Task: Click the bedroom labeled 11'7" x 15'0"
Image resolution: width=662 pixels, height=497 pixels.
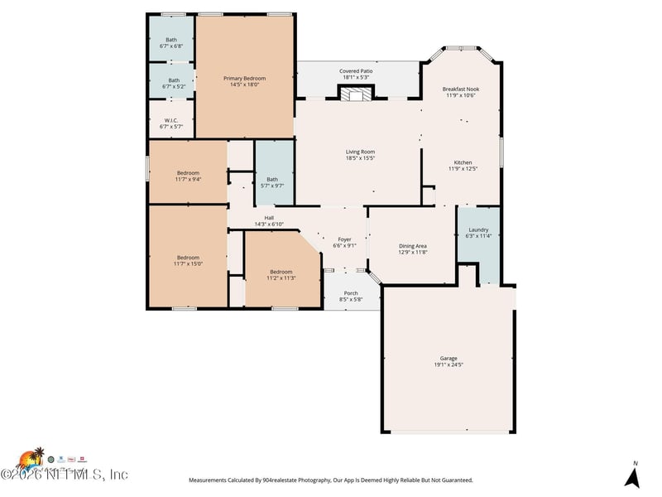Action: (x=188, y=260)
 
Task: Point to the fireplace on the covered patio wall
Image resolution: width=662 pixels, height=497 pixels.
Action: (x=356, y=94)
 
